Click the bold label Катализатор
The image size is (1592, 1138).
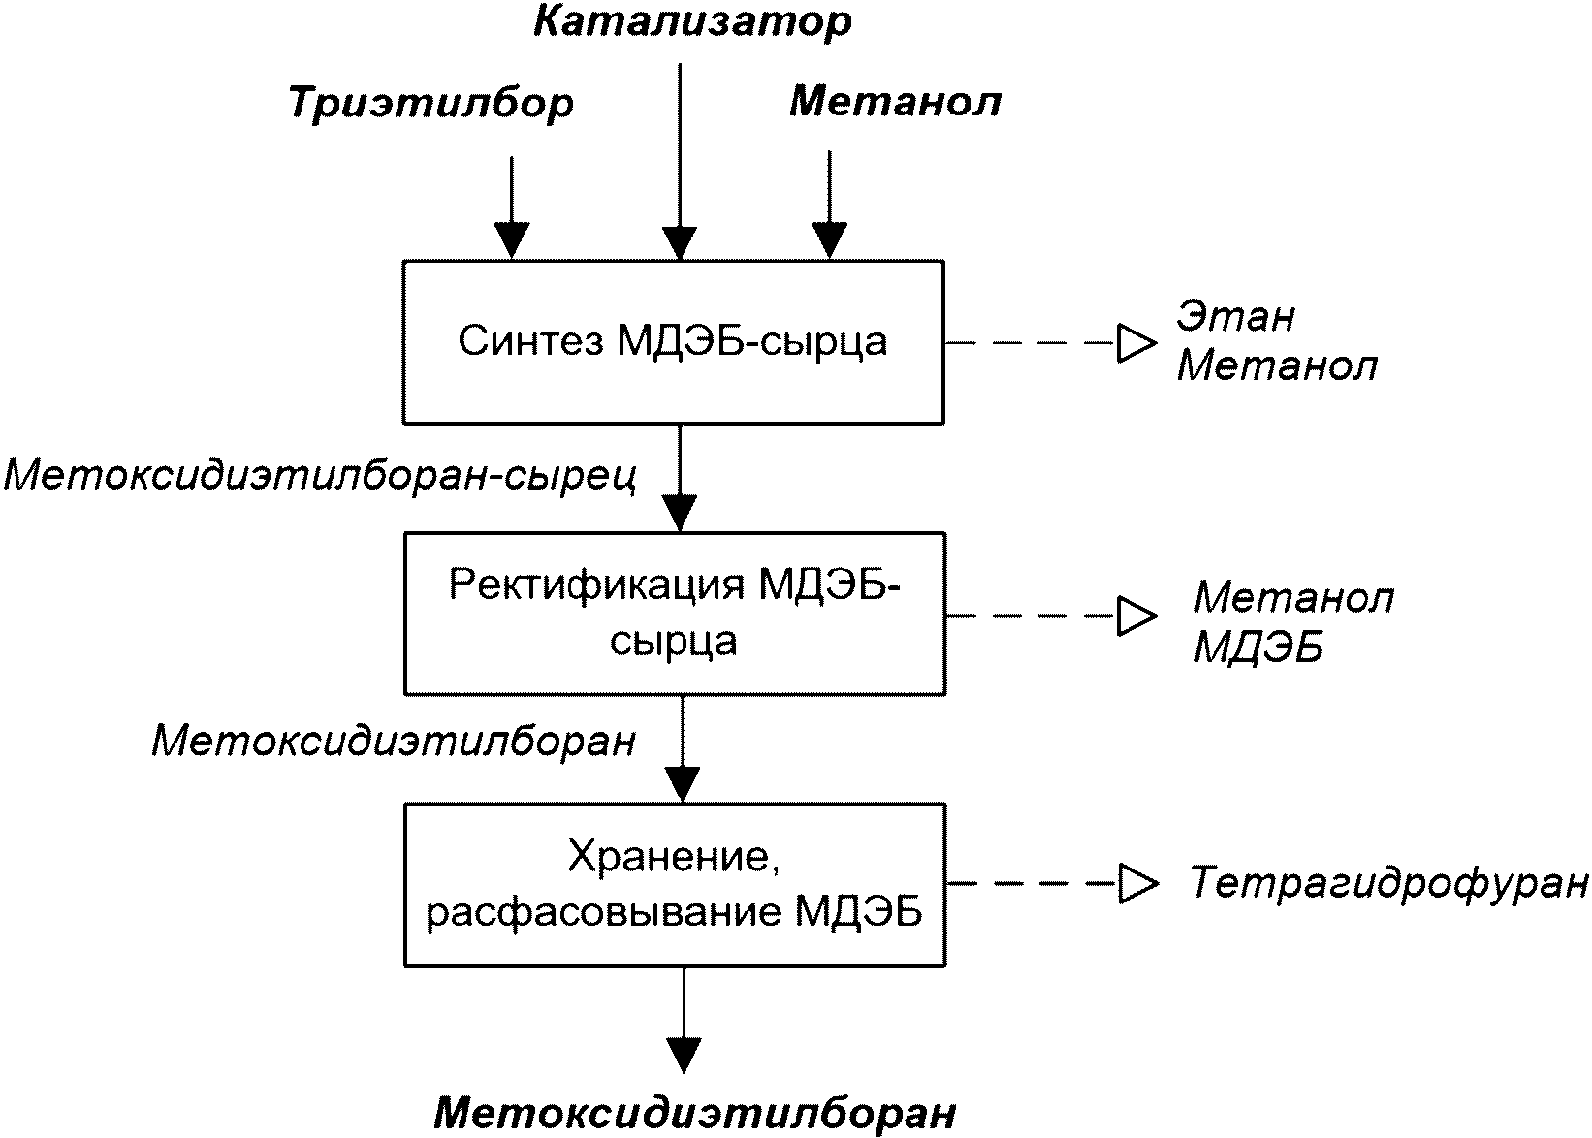692,22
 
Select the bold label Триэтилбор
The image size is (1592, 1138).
430,104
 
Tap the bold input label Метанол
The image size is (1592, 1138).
896,102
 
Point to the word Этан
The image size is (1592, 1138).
1235,317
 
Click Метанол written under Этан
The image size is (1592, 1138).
1277,367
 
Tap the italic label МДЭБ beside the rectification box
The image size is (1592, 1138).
1258,648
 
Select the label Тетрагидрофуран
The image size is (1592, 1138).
1388,884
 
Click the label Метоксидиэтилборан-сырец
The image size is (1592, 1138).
320,475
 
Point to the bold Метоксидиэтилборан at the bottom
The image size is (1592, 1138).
694,1113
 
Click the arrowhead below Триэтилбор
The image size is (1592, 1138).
512,241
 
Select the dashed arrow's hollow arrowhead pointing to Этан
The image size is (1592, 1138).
1136,343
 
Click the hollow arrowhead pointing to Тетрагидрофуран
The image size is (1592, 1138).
1138,884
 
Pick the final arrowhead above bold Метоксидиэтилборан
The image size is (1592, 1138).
684,1056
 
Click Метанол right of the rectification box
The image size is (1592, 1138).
1293,597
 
